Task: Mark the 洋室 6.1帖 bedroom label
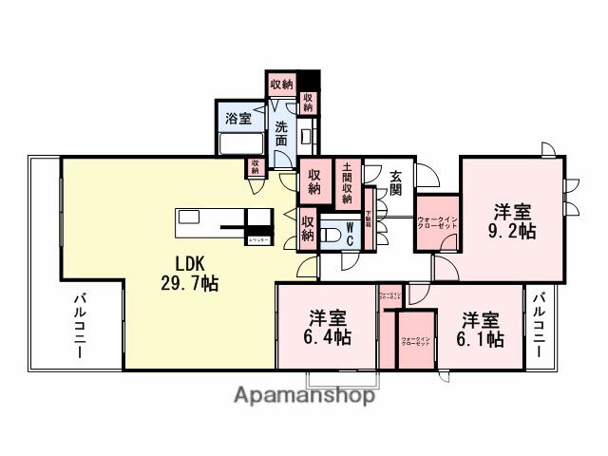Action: (x=483, y=330)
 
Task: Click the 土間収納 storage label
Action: (x=349, y=182)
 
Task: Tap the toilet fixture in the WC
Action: (x=329, y=234)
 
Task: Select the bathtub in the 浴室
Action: (x=240, y=146)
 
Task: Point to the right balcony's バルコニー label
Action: (x=540, y=325)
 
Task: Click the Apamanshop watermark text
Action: (x=304, y=396)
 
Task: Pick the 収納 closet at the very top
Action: (x=281, y=85)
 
